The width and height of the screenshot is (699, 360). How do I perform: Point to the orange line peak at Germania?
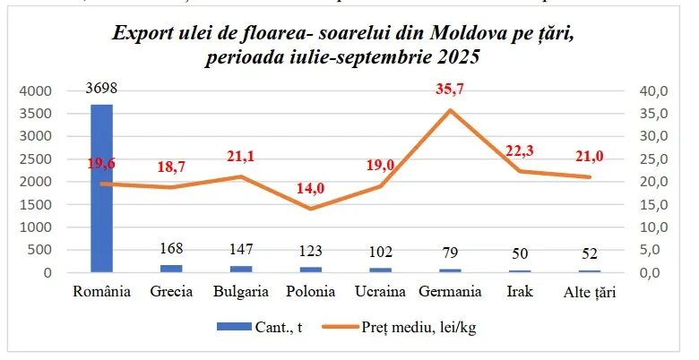[x=449, y=110]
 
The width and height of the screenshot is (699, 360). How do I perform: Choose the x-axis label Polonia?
[x=311, y=291]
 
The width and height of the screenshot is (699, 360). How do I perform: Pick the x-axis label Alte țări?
[x=589, y=291]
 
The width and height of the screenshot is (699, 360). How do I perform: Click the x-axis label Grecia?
[x=171, y=291]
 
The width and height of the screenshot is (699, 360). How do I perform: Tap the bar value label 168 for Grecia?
[x=171, y=248]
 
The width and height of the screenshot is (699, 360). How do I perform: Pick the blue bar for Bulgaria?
[x=241, y=268]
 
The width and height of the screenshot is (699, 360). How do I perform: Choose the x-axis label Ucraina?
[x=380, y=291]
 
